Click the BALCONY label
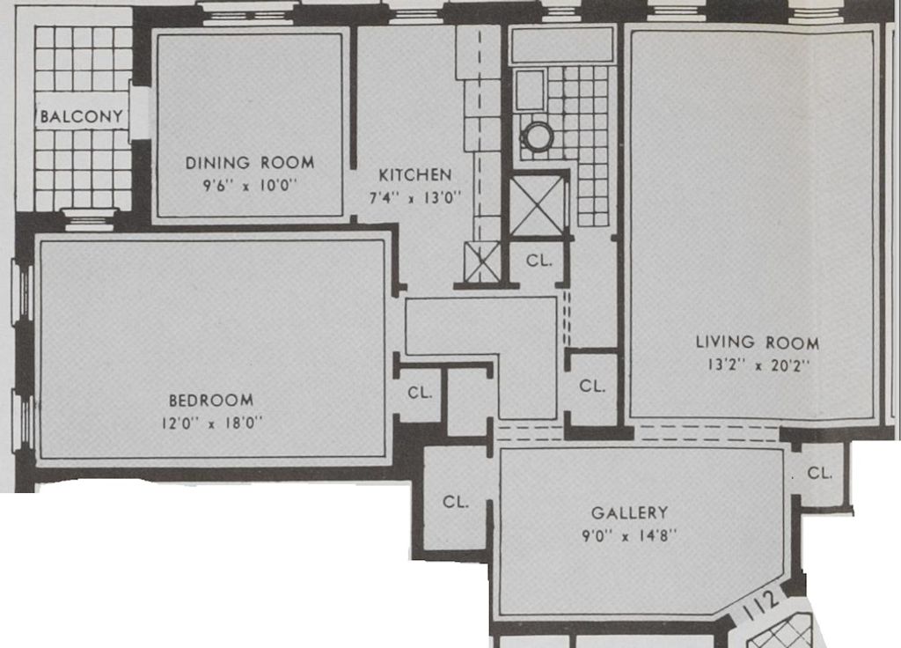81,116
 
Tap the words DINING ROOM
249,163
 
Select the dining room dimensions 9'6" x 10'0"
249,186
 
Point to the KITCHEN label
415,175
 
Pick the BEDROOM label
211,400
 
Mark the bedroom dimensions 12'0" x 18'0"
211,423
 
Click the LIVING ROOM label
757,342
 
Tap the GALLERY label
629,512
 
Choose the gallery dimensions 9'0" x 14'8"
629,534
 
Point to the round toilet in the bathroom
536,136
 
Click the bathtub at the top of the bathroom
562,45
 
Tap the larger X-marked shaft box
536,205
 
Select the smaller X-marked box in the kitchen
482,262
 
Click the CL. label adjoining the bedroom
420,394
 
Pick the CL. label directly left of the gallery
455,502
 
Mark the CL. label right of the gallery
819,473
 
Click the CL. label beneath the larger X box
539,261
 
